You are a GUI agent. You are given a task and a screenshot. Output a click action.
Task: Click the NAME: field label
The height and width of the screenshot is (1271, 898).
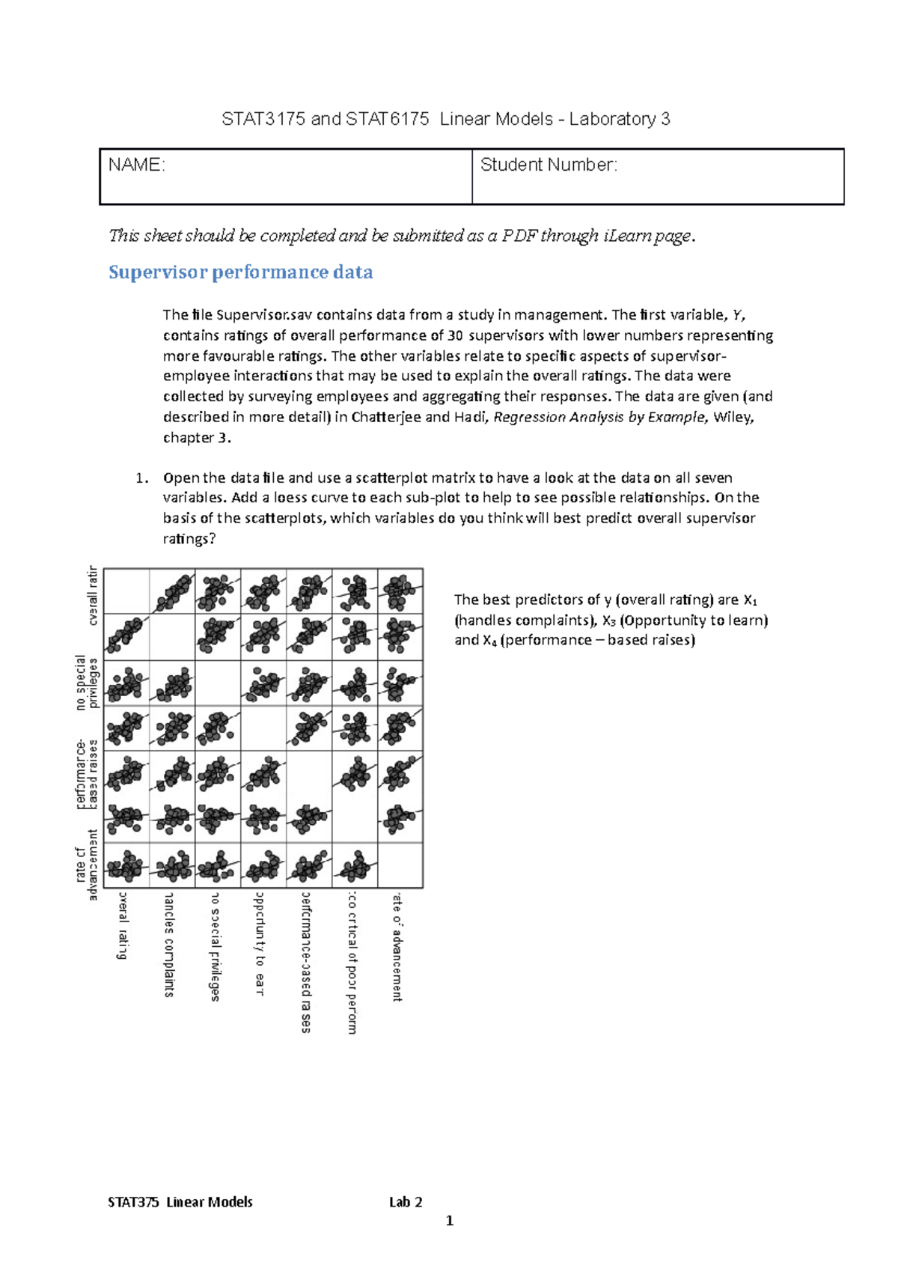[136, 165]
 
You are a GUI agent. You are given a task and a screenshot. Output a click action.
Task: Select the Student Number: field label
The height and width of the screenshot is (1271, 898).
[549, 165]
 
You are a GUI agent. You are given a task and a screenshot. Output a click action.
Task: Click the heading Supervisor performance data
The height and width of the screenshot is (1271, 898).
[240, 272]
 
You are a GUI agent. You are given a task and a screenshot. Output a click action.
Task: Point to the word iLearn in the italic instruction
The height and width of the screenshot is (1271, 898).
[628, 236]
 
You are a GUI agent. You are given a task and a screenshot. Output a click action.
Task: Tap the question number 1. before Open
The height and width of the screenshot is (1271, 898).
[142, 478]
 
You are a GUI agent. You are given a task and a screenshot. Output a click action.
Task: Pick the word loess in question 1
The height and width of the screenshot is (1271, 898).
[290, 498]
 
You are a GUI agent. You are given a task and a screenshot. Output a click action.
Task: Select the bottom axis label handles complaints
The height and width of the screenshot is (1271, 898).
[170, 945]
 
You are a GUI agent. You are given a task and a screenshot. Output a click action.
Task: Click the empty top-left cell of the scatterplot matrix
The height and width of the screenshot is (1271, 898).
[126, 591]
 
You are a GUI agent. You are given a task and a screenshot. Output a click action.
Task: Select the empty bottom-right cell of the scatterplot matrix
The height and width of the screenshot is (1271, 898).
[400, 865]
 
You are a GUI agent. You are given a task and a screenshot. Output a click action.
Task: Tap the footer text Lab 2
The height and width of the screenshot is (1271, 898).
[406, 1202]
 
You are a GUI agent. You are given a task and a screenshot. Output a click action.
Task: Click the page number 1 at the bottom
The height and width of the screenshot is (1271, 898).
[450, 1221]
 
